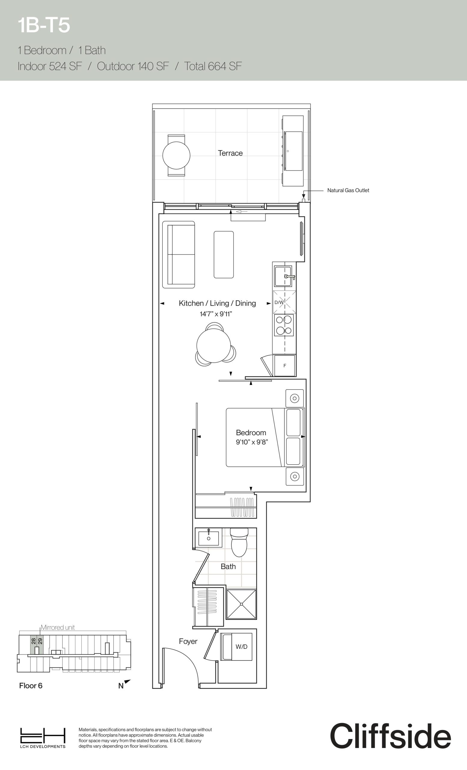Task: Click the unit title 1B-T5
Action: (x=44, y=25)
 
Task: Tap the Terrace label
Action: (x=230, y=153)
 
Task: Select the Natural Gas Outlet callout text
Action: (x=348, y=190)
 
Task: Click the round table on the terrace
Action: (x=176, y=155)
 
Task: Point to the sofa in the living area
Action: (x=179, y=255)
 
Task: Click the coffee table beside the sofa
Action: (x=224, y=255)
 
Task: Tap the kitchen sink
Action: (x=283, y=276)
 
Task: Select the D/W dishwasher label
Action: (x=279, y=303)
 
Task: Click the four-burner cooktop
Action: (x=284, y=325)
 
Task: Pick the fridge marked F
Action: (x=284, y=366)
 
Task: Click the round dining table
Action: (x=214, y=345)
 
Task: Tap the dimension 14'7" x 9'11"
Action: (x=216, y=314)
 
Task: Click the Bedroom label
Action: (x=251, y=433)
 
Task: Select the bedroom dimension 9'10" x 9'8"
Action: (x=252, y=442)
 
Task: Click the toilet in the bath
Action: (x=239, y=543)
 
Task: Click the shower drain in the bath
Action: (x=242, y=604)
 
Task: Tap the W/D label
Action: (x=241, y=647)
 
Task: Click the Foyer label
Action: (x=188, y=642)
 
